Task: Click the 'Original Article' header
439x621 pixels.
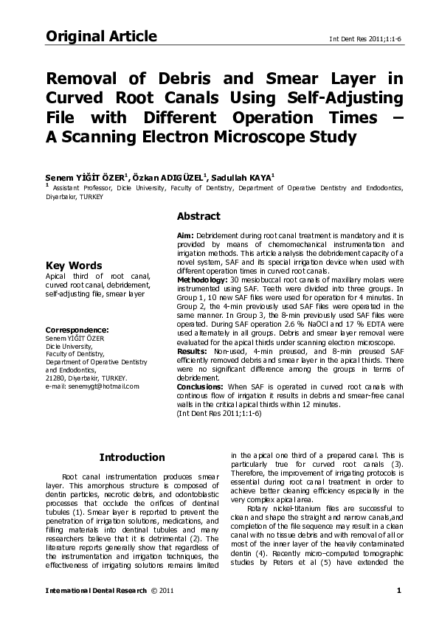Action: click(101, 36)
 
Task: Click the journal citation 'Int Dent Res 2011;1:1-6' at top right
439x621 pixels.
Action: click(360, 38)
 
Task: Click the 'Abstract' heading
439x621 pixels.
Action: click(198, 216)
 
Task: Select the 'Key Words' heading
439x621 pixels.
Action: click(74, 266)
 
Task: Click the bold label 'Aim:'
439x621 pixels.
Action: click(185, 234)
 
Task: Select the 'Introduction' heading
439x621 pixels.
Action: click(132, 457)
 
